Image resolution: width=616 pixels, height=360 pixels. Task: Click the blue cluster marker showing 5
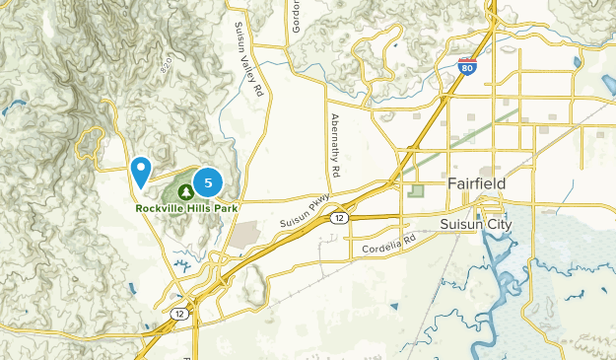click(208, 182)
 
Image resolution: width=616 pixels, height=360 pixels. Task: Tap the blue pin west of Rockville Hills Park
click(142, 172)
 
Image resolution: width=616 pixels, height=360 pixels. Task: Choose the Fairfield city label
click(476, 184)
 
